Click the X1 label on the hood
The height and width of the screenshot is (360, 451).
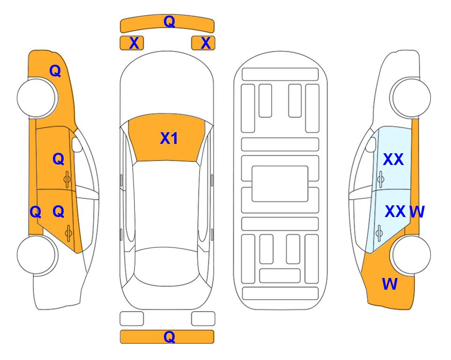coord(169,138)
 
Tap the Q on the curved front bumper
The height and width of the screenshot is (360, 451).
coord(169,21)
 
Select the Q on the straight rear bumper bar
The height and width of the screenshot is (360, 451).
coord(169,337)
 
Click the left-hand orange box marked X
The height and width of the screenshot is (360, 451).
coord(132,43)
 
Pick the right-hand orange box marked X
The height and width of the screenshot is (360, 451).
coord(203,43)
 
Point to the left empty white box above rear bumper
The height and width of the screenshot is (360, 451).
coord(132,319)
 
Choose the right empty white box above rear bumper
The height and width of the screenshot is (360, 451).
coord(203,319)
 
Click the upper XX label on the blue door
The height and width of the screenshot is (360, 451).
coord(393,159)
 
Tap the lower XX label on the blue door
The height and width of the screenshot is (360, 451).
coord(395,211)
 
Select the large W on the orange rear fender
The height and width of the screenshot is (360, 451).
coord(390,284)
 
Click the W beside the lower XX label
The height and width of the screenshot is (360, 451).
coord(417,212)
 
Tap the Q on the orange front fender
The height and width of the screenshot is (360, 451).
coord(55,71)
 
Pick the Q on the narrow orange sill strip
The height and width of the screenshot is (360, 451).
coord(36,212)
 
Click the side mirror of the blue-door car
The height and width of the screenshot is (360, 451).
coord(370,144)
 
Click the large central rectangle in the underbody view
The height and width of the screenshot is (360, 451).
coord(280,184)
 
